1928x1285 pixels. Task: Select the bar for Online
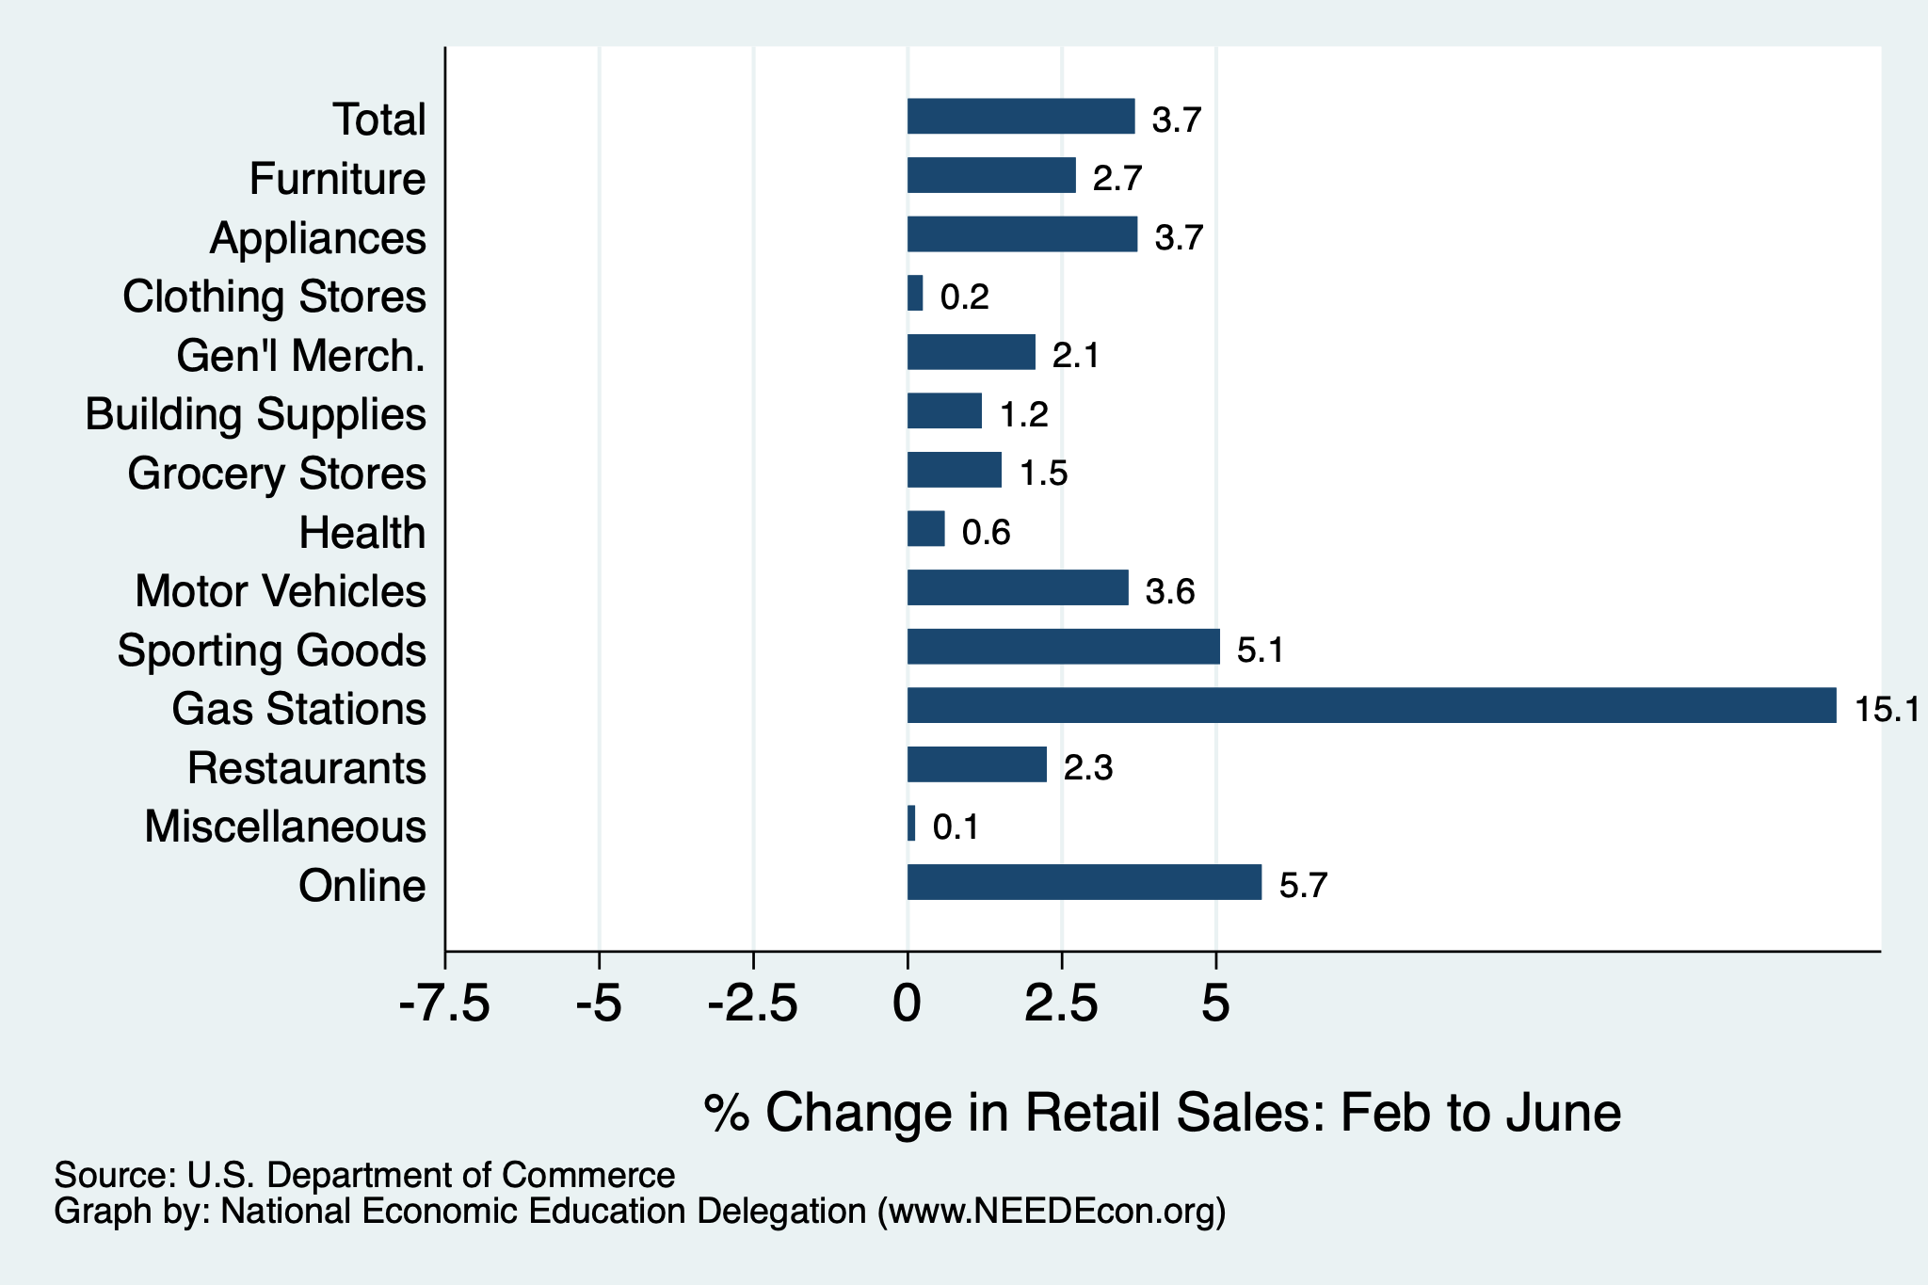(x=1084, y=882)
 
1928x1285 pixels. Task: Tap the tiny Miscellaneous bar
(x=911, y=823)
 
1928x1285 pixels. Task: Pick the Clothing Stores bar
(x=915, y=293)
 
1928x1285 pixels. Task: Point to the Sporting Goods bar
(x=1064, y=647)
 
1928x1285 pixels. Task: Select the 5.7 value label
(x=1303, y=886)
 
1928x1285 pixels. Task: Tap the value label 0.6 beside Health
(x=986, y=533)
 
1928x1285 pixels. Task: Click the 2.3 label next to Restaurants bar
(x=1088, y=768)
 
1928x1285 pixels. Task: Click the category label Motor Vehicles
(x=281, y=591)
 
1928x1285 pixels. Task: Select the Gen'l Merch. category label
(x=301, y=356)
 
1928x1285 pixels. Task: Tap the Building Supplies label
(x=255, y=415)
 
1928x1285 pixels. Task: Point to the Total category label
(x=379, y=120)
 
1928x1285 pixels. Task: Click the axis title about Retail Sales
(x=1163, y=1113)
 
